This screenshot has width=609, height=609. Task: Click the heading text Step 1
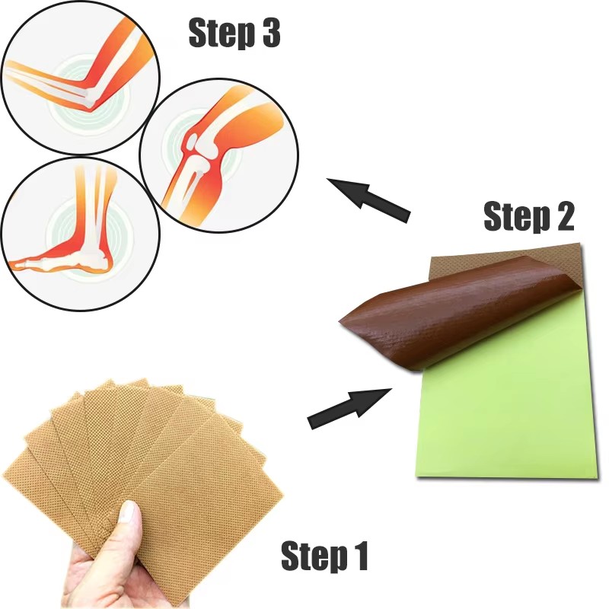point(324,556)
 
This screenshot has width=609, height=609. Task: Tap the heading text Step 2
point(528,218)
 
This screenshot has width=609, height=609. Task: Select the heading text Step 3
point(234,34)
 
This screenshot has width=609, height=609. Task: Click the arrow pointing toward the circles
point(368,199)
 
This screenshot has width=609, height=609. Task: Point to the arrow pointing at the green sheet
point(349,408)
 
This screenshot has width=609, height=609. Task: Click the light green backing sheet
point(502,411)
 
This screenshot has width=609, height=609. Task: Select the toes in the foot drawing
point(19,264)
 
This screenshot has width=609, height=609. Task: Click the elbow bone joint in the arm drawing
point(91,95)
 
